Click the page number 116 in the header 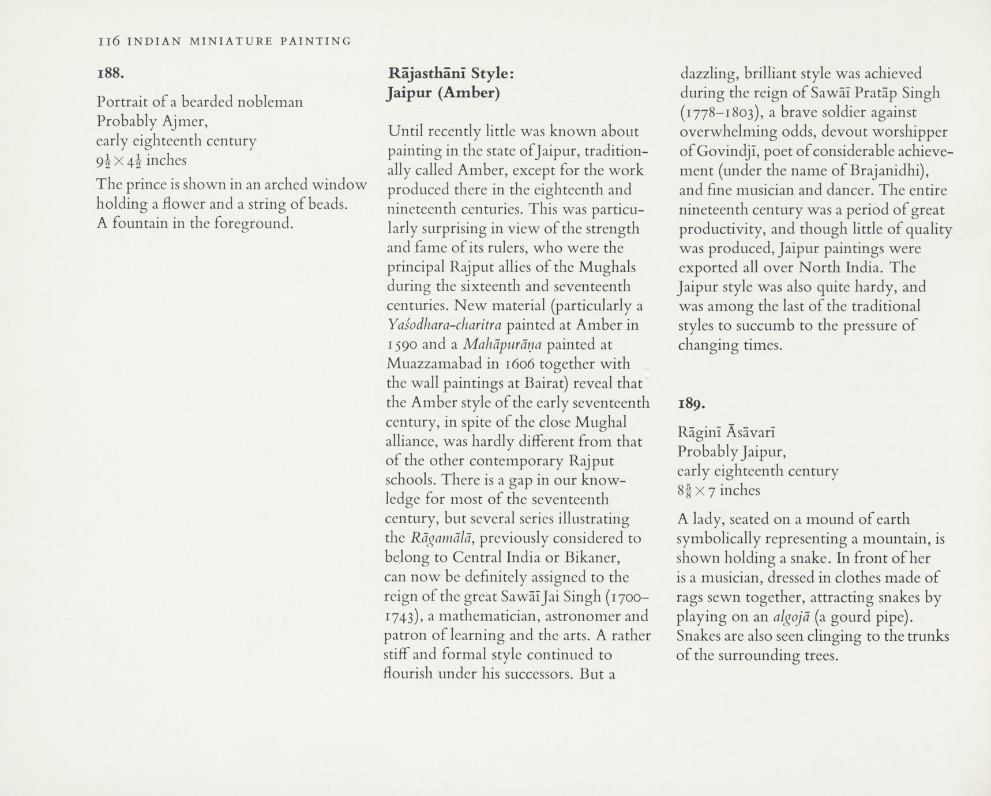[x=108, y=41]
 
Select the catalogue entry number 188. [x=111, y=73]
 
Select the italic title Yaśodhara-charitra [x=446, y=325]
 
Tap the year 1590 [x=402, y=344]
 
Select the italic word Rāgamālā [x=442, y=538]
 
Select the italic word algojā [x=791, y=617]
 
